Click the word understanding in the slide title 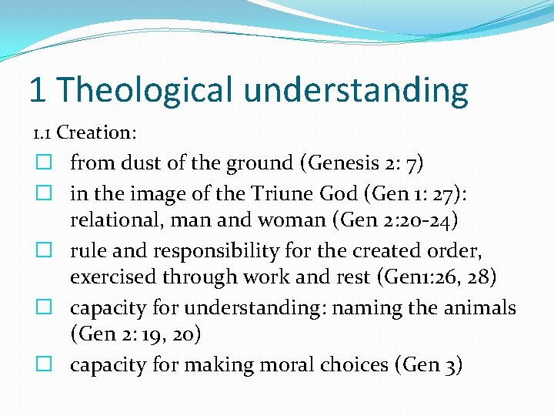coord(357,90)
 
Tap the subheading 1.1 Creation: coord(85,133)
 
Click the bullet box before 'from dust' coord(44,163)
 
